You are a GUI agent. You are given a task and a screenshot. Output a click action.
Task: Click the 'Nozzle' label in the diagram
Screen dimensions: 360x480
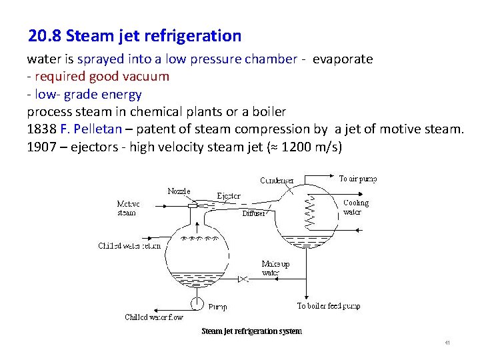tap(179, 191)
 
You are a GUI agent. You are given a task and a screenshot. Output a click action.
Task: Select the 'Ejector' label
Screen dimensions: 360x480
tap(229, 196)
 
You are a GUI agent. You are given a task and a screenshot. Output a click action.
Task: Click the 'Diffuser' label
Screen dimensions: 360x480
tap(254, 214)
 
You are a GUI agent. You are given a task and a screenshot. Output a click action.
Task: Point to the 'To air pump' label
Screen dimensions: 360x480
tap(358, 179)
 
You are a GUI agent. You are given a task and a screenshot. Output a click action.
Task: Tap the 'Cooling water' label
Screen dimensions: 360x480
tap(355, 207)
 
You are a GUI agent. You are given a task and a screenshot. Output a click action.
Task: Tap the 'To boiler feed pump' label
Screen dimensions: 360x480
tap(329, 306)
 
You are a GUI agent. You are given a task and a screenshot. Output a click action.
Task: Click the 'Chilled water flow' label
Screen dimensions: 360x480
tap(154, 317)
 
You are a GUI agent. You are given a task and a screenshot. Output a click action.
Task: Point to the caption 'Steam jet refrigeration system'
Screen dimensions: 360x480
tap(251, 331)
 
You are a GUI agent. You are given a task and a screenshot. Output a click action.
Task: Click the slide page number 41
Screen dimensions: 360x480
tap(447, 343)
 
